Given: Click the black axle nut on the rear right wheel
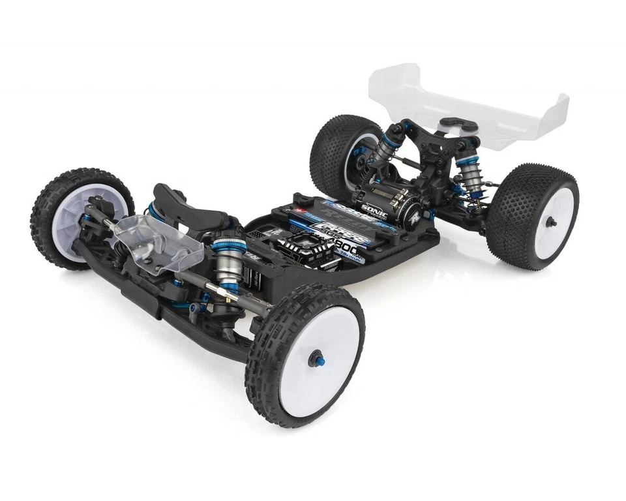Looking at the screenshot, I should tap(551, 222).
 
